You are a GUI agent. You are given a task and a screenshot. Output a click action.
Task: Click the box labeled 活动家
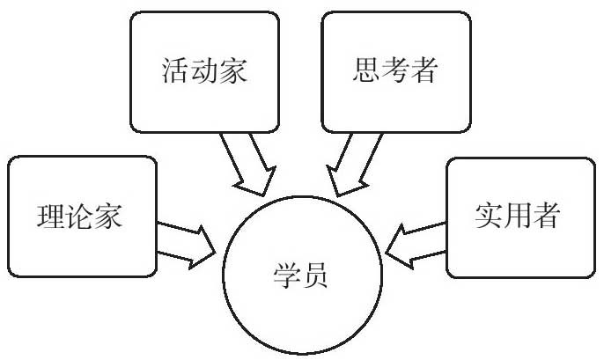(204, 72)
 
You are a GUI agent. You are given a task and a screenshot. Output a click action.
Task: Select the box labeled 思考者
(396, 72)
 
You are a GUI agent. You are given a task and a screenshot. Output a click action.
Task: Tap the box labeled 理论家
(83, 217)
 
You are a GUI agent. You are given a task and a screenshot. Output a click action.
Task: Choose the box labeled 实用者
(521, 217)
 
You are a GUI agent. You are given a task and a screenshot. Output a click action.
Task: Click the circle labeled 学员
(302, 275)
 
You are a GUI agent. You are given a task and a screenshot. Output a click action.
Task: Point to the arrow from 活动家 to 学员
(248, 164)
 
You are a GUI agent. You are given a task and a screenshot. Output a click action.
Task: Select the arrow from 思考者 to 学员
(354, 164)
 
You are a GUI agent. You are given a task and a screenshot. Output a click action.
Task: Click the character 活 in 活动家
(176, 70)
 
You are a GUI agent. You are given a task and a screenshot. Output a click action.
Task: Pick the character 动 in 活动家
(204, 70)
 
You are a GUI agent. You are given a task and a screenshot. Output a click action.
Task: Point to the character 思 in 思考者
(366, 70)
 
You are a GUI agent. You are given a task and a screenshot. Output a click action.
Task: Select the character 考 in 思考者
(395, 70)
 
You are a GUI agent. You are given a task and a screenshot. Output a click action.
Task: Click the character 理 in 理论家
(51, 216)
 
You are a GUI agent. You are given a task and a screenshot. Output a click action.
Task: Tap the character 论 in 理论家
(80, 216)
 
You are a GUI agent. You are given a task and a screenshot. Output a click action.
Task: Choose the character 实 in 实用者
(490, 216)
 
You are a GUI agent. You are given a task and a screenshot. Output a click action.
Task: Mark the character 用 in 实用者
(518, 216)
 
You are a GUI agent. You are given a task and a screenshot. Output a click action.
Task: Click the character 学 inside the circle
(287, 276)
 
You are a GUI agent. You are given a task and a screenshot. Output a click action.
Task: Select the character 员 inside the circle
(315, 276)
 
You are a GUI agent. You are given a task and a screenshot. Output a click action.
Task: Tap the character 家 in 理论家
(108, 216)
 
